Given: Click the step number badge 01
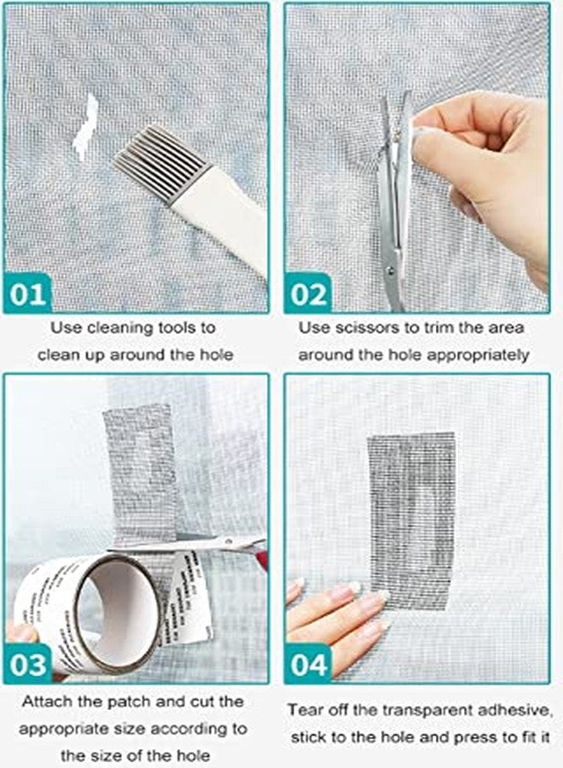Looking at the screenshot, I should pos(29,294).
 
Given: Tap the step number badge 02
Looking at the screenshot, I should pos(310,294).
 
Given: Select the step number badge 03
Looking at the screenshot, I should pos(29,663).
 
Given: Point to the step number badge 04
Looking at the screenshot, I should pos(310,664).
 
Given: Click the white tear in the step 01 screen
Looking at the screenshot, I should pos(86,128).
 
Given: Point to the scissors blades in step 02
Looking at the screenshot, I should pos(394,196).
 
